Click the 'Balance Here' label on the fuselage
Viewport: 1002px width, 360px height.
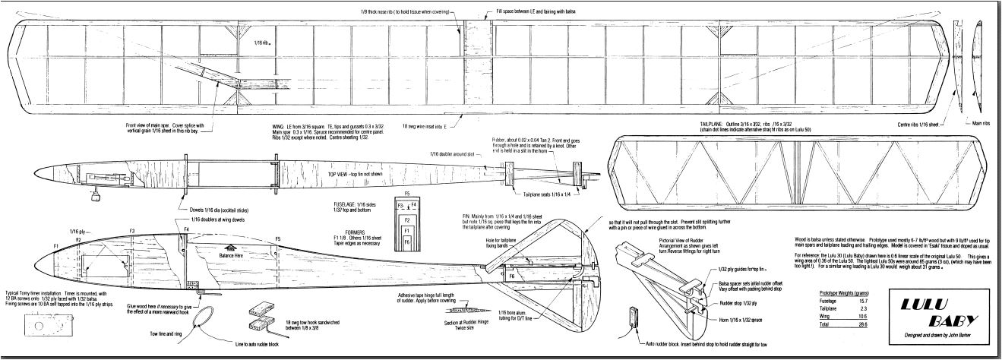[x=233, y=255]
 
